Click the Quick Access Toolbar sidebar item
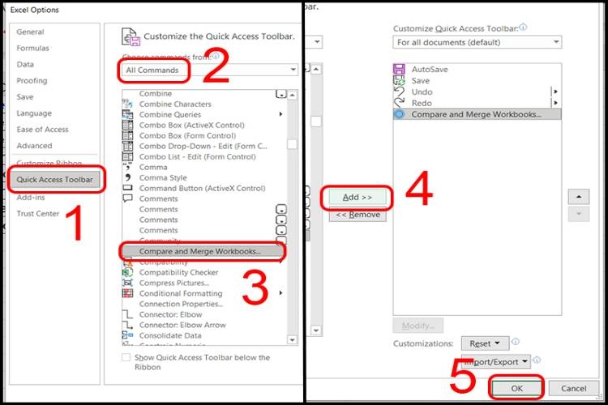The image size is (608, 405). [x=55, y=179]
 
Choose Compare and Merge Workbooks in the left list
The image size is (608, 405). [x=202, y=252]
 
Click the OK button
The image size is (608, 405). [x=517, y=389]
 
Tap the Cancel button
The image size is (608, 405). [x=573, y=389]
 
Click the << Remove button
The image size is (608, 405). [x=358, y=215]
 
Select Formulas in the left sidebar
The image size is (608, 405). [x=33, y=49]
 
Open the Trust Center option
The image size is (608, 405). [x=39, y=214]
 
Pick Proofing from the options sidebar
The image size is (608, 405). [x=32, y=81]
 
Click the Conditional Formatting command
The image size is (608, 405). [x=180, y=293]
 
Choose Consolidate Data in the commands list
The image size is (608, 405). [x=170, y=335]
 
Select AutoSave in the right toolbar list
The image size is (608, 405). [x=430, y=70]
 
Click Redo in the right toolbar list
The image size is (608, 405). [x=422, y=103]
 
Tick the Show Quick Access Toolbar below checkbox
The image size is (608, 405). [x=126, y=357]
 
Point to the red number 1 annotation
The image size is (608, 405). [x=75, y=224]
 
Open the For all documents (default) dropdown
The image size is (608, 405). [x=477, y=42]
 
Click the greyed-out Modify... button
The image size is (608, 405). [x=417, y=325]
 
